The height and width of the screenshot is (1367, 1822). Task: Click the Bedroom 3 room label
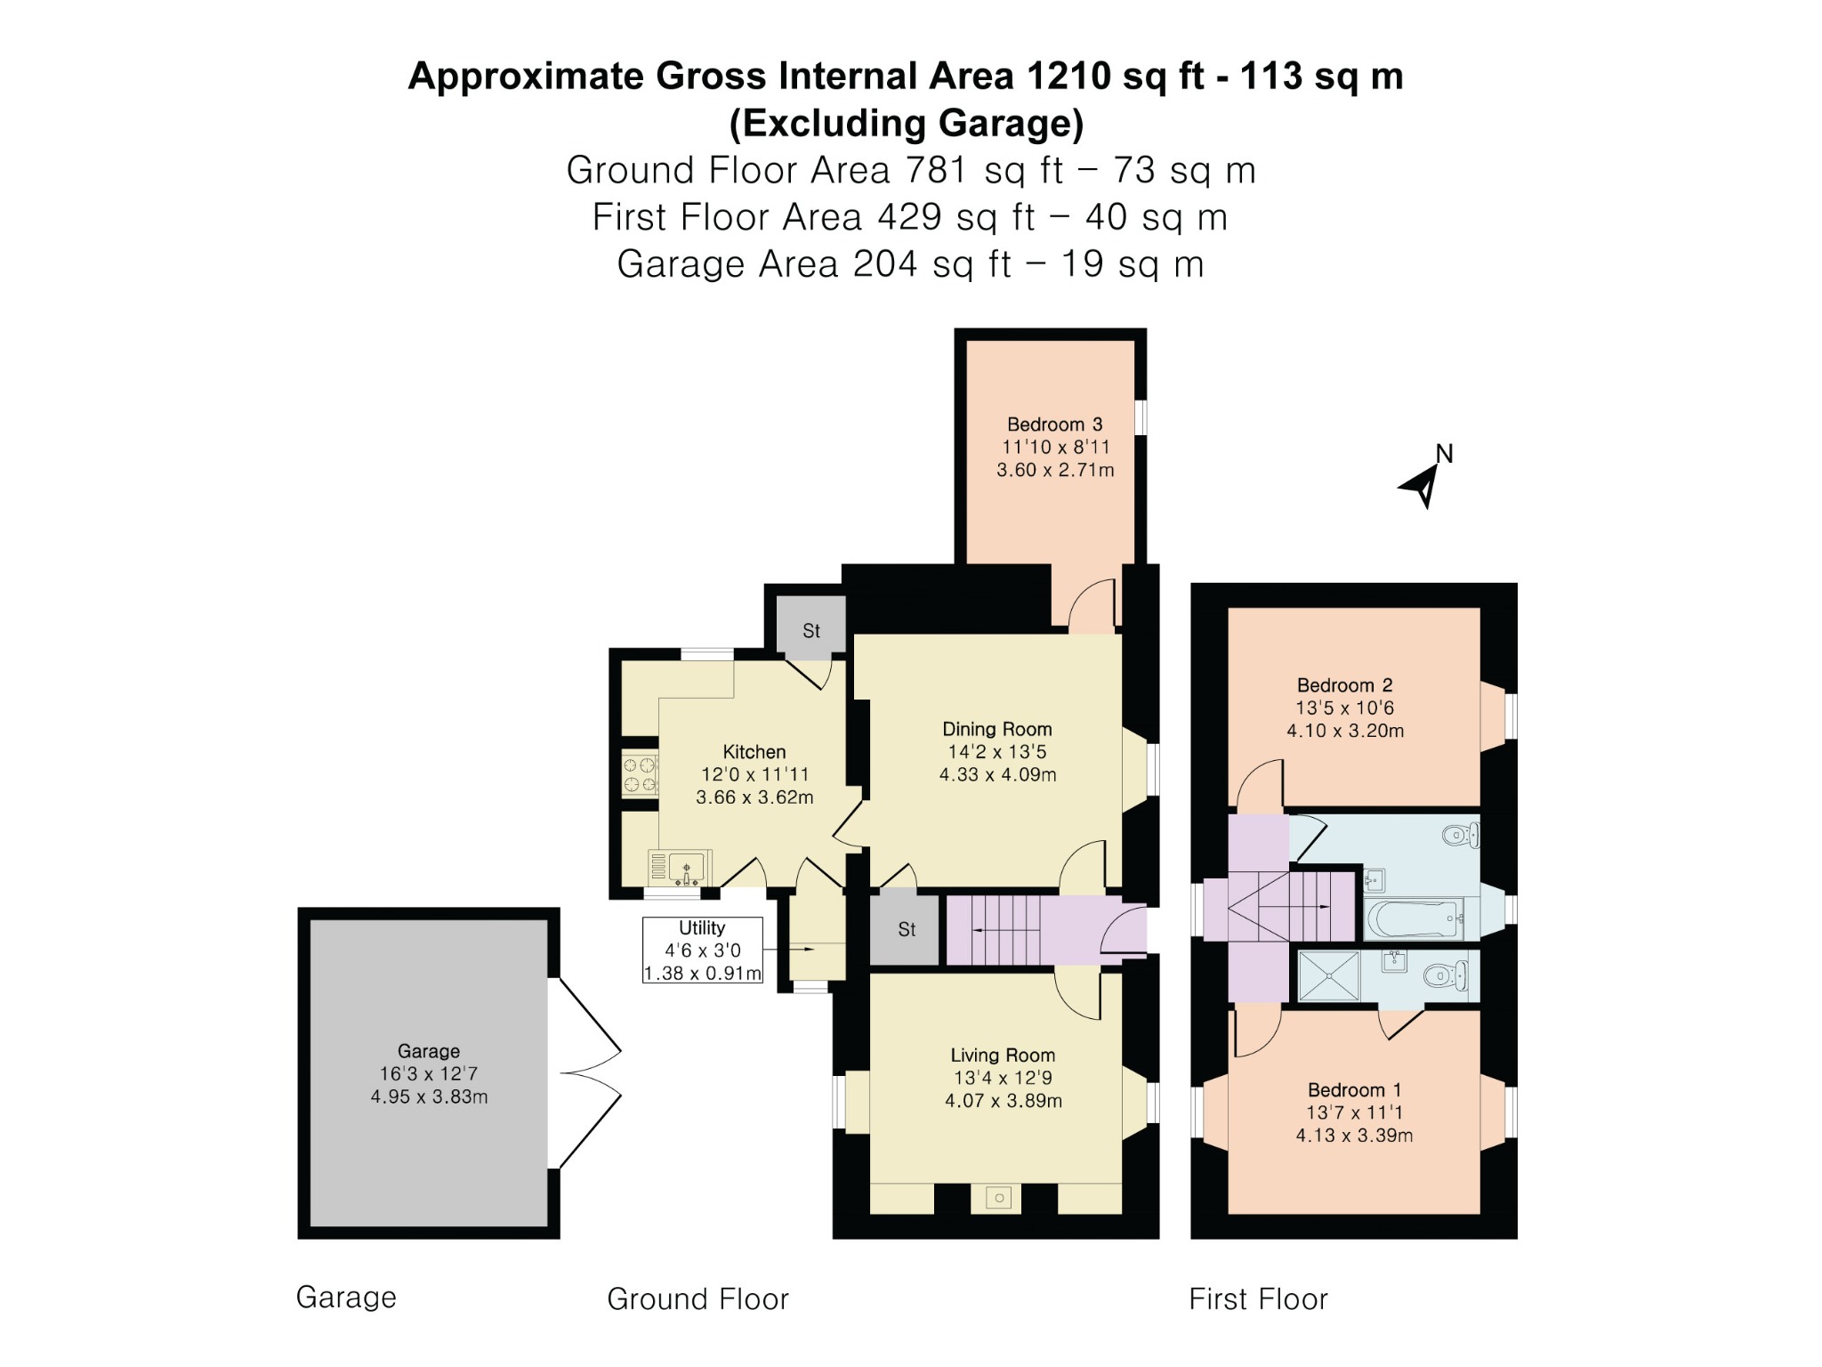click(x=1054, y=425)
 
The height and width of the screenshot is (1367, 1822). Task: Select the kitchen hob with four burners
click(x=640, y=774)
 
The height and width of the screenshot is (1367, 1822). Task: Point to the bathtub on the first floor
click(x=1415, y=919)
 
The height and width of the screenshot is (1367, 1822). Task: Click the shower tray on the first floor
click(x=1329, y=975)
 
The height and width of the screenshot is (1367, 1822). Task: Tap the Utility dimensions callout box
click(x=703, y=950)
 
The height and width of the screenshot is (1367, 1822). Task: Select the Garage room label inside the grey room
click(x=429, y=1051)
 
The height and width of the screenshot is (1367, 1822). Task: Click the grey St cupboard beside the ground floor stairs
click(x=905, y=929)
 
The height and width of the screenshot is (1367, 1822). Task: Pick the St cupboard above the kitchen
click(x=810, y=628)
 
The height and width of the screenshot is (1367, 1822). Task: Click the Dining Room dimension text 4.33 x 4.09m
click(x=997, y=775)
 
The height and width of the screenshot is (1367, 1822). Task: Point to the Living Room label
click(x=1003, y=1056)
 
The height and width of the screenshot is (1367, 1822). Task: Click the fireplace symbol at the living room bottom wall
click(x=999, y=1198)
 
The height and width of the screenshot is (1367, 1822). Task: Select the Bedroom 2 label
click(x=1344, y=685)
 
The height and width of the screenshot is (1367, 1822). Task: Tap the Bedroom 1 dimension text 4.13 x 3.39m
click(x=1354, y=1136)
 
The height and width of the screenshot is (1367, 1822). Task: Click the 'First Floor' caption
click(x=1258, y=1299)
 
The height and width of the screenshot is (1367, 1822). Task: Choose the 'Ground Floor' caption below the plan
click(x=697, y=1299)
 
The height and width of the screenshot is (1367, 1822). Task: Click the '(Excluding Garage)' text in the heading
click(x=907, y=123)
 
